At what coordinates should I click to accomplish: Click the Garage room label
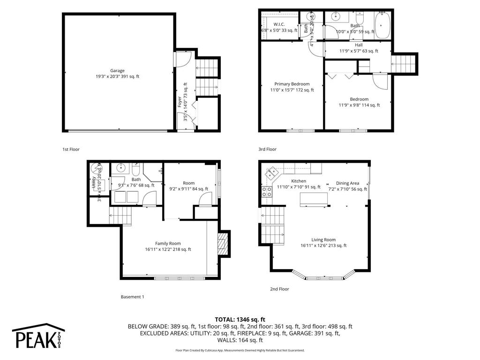(x=117, y=71)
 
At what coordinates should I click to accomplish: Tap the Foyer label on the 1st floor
(x=180, y=102)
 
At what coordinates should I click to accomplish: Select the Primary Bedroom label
(x=292, y=84)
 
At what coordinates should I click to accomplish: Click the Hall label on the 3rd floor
(x=359, y=45)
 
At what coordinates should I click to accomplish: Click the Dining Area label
(x=347, y=183)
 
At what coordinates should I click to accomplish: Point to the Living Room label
(x=323, y=240)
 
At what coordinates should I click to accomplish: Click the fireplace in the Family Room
(x=222, y=244)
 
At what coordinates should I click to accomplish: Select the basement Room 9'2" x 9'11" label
(x=188, y=183)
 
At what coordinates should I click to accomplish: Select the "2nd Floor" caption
(x=279, y=289)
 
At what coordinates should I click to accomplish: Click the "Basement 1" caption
(x=133, y=297)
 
